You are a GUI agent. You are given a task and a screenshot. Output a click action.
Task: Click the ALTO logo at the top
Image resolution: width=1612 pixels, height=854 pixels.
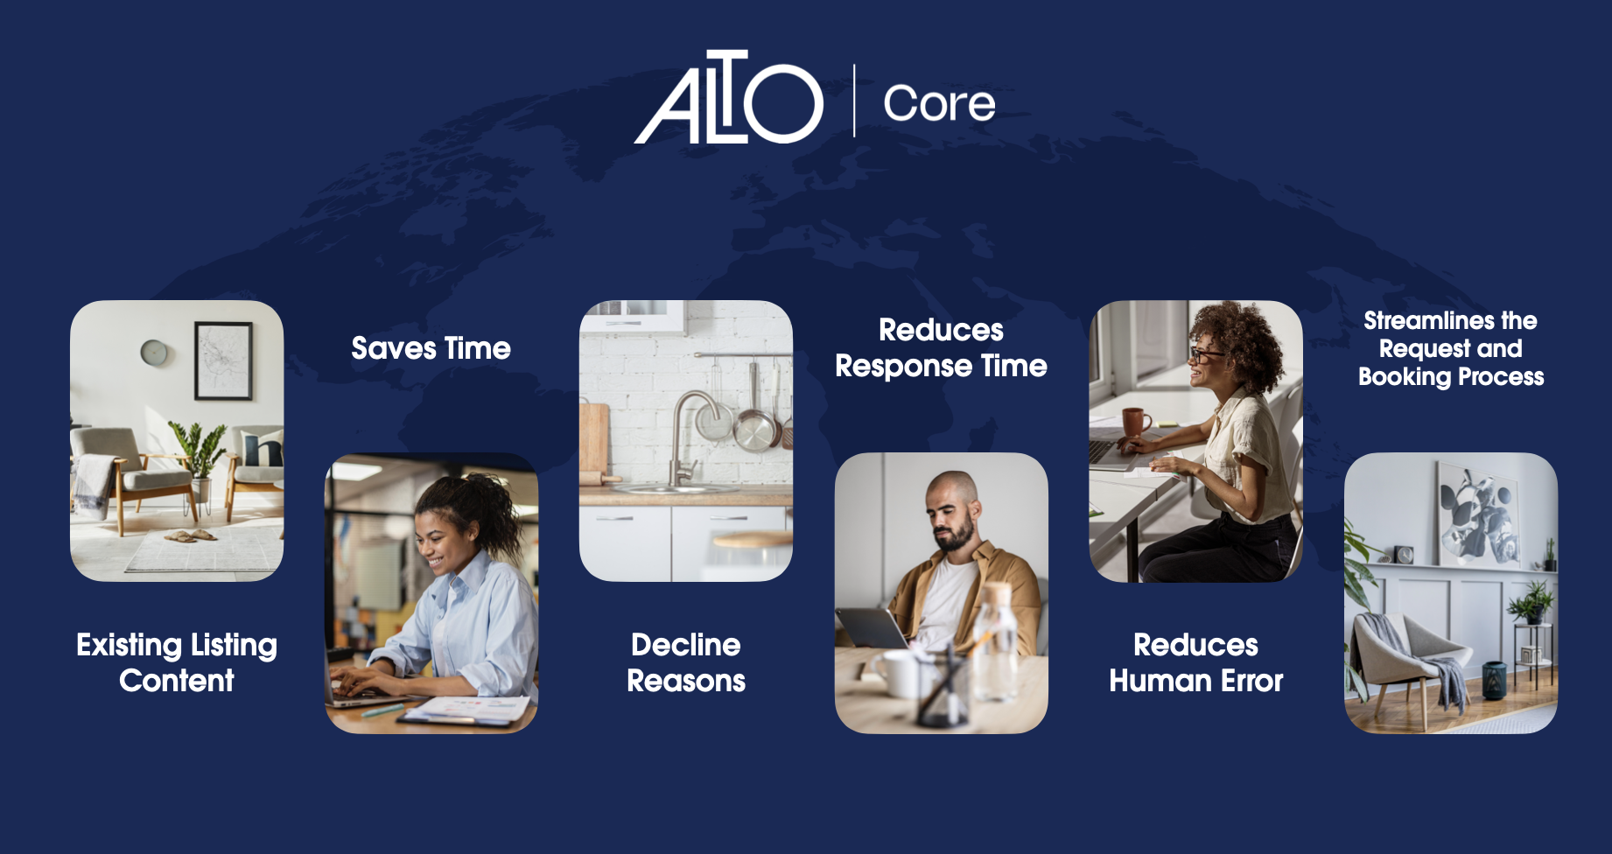pyautogui.click(x=728, y=97)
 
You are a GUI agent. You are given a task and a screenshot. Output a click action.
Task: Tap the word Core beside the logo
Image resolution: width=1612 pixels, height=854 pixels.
pyautogui.click(x=939, y=104)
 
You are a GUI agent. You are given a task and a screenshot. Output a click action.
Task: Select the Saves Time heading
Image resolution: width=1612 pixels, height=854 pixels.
pyautogui.click(x=431, y=348)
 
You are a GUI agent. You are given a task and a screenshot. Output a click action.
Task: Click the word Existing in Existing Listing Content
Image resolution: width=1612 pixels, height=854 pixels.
pyautogui.click(x=129, y=645)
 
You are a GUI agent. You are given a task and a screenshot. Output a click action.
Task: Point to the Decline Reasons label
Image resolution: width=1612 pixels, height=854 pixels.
pyautogui.click(x=686, y=662)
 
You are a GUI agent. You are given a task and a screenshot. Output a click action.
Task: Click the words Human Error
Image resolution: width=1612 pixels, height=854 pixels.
pyautogui.click(x=1196, y=681)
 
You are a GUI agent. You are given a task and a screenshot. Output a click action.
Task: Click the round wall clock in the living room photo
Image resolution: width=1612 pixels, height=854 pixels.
pyautogui.click(x=154, y=352)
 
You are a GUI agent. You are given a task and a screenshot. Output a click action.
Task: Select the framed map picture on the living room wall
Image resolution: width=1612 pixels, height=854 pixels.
pyautogui.click(x=223, y=360)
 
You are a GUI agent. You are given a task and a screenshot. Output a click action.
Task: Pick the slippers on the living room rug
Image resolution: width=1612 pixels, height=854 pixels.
pyautogui.click(x=192, y=535)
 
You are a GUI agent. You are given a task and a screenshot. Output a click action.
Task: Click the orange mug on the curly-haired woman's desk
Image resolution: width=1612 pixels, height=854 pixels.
pyautogui.click(x=1136, y=422)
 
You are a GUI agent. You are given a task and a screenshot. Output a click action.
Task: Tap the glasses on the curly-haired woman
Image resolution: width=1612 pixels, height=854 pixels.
pyautogui.click(x=1206, y=354)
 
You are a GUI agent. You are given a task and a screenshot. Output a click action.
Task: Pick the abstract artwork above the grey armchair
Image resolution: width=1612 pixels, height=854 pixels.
pyautogui.click(x=1478, y=513)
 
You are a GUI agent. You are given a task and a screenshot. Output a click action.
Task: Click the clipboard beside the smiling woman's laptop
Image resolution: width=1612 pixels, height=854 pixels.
pyautogui.click(x=464, y=710)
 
